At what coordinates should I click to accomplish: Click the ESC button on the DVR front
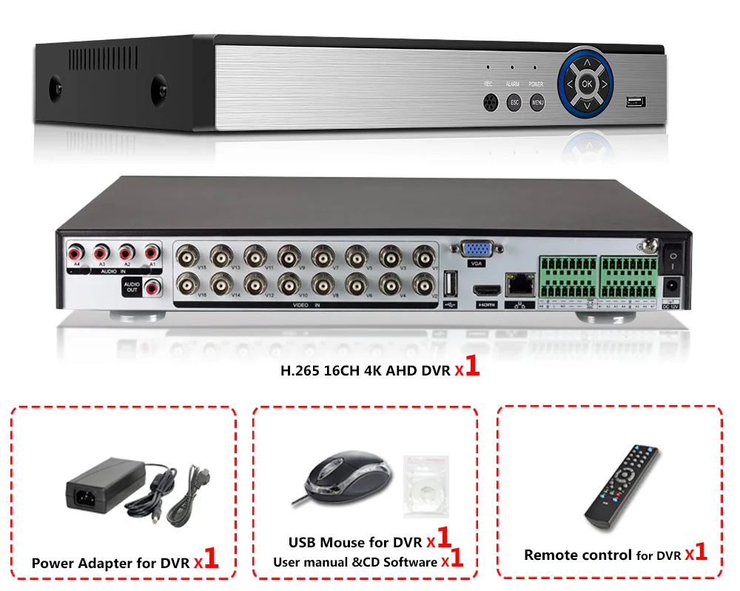coord(514,103)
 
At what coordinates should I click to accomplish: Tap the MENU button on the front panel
coord(538,103)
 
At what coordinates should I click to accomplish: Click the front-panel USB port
coord(635,101)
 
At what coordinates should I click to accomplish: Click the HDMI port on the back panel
coord(485,291)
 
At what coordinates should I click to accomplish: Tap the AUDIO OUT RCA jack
coord(154,286)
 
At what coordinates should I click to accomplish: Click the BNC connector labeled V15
coord(187,256)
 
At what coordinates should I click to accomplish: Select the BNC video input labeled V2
coord(424,283)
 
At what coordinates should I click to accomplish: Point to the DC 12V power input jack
coord(672,284)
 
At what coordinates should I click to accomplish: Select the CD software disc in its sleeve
coord(425,485)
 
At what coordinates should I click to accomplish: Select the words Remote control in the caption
coord(578,555)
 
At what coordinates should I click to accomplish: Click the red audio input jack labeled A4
coord(75,253)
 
